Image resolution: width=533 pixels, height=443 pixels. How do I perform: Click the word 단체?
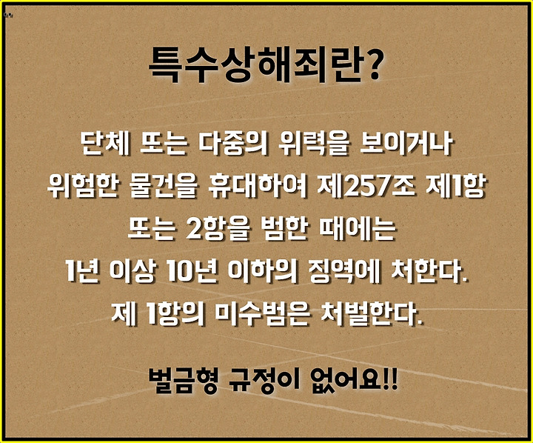coord(105,142)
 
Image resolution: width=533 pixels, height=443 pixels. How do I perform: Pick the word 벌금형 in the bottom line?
coord(183,380)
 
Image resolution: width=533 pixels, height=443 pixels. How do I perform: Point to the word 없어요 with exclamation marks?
coord(354,380)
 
